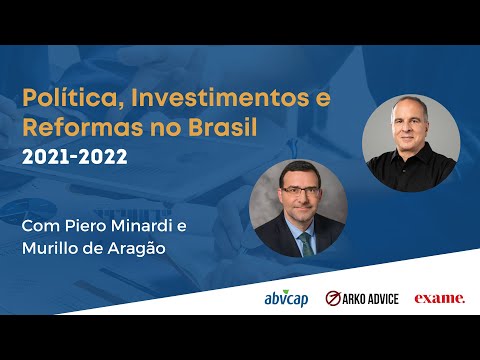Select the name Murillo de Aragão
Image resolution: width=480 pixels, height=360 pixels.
[91, 250]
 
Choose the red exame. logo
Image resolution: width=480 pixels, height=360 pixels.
[440, 298]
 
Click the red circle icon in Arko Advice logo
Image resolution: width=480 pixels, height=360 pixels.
[334, 298]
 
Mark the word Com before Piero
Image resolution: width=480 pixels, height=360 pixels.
[44, 227]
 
